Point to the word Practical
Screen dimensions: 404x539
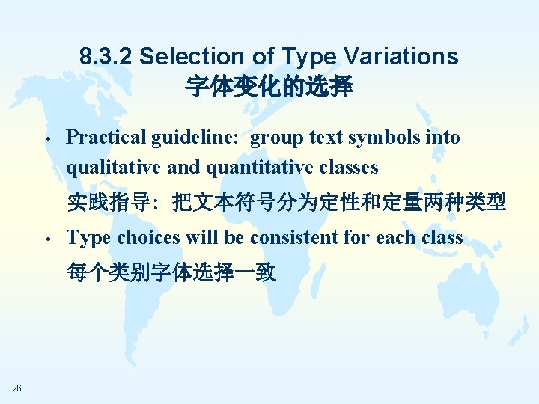coord(106,138)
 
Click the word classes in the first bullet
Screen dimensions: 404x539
coord(347,167)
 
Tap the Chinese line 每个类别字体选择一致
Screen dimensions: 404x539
coord(171,272)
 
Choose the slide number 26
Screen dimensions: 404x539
coord(17,388)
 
